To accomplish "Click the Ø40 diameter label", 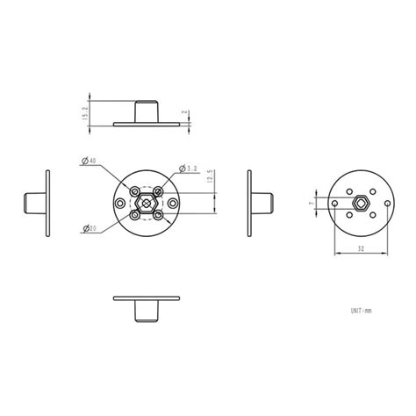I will point(90,161).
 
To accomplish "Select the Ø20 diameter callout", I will point(90,229).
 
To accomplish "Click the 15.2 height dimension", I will point(85,114).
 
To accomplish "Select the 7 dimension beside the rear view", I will point(313,203).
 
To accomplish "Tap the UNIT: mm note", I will point(360,310).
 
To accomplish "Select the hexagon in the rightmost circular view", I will point(360,204).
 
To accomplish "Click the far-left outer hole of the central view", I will point(119,204).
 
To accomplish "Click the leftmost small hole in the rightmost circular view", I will point(335,204).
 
